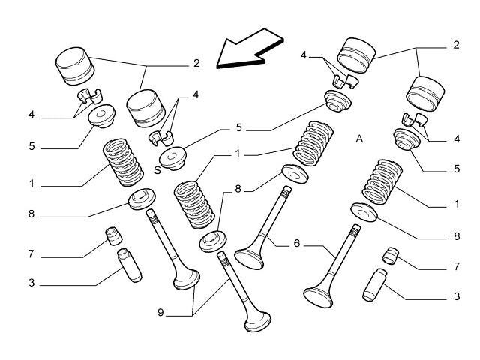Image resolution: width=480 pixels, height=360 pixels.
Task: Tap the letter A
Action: pyautogui.click(x=360, y=139)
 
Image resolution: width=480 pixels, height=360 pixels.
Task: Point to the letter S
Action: pyautogui.click(x=157, y=169)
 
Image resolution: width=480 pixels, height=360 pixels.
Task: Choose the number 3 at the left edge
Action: pyautogui.click(x=31, y=283)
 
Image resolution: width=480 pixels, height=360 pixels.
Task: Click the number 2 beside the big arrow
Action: pyautogui.click(x=196, y=64)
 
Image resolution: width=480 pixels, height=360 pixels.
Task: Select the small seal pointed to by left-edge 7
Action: pyautogui.click(x=114, y=236)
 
